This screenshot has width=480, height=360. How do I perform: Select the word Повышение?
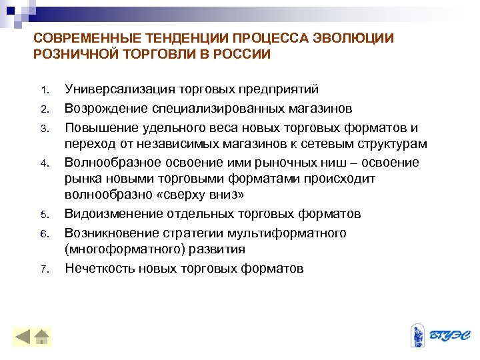click(x=97, y=127)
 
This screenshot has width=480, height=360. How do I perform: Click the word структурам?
click(x=389, y=143)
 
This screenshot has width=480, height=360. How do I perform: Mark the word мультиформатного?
click(x=289, y=233)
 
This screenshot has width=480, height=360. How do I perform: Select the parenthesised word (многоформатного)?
click(x=119, y=249)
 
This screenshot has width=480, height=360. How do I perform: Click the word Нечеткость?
click(x=99, y=268)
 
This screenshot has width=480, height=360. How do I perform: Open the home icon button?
click(x=42, y=335)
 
